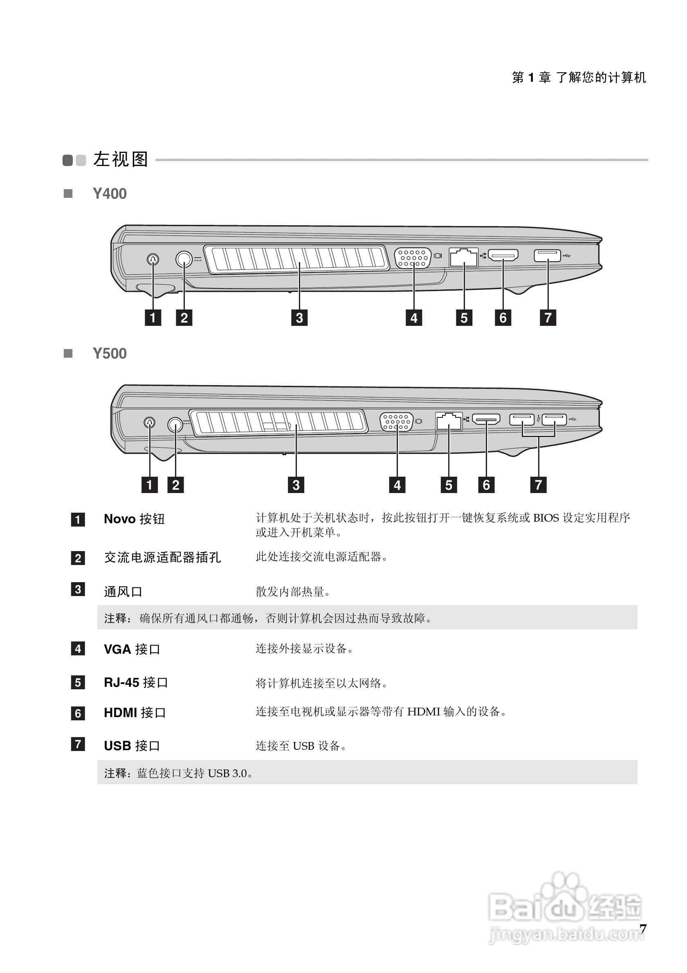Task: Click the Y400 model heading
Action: [x=109, y=194]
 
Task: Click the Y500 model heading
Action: [x=109, y=354]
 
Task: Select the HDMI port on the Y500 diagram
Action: [x=486, y=419]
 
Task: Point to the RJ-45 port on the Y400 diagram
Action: [x=464, y=257]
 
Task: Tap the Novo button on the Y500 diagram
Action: [x=149, y=422]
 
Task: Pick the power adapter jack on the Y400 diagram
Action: [x=184, y=258]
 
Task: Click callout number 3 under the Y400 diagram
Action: [x=299, y=317]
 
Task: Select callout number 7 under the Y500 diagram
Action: [x=538, y=485]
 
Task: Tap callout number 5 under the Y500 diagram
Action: [x=449, y=485]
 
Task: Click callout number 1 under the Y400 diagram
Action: [x=153, y=317]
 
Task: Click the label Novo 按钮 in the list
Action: [x=135, y=519]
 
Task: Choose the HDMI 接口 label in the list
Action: [x=135, y=713]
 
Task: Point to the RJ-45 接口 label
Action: [x=136, y=683]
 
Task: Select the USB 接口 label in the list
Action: [x=132, y=746]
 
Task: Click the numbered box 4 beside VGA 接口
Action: [x=78, y=648]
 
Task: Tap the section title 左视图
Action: [x=121, y=159]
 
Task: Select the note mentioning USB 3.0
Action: [x=178, y=773]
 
